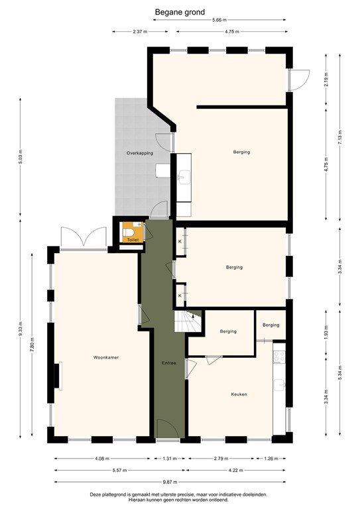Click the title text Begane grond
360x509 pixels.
[180, 11]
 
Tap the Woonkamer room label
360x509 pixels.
[106, 357]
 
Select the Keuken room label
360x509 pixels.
[239, 394]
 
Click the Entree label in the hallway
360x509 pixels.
[168, 363]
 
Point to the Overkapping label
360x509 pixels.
[140, 153]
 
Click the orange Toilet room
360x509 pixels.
[132, 234]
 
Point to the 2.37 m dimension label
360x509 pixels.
[139, 31]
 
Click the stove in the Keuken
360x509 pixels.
[280, 356]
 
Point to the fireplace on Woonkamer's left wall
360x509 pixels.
[58, 376]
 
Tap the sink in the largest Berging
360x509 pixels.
[184, 176]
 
